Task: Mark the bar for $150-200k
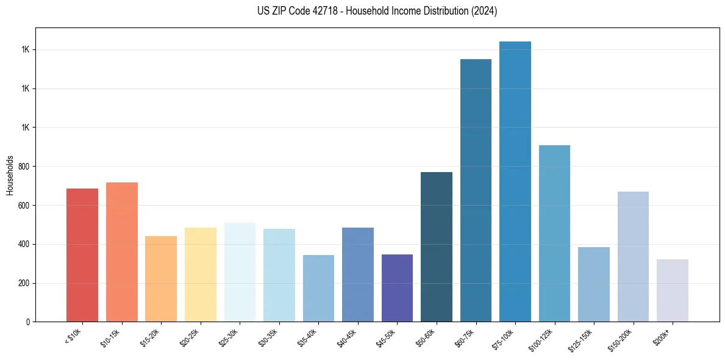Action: click(633, 256)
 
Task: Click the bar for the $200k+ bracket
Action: click(673, 290)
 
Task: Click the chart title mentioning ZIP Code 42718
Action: click(377, 12)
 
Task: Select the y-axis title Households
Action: click(10, 175)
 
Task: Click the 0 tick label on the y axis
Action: click(27, 322)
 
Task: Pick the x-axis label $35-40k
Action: click(309, 337)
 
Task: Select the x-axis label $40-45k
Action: click(348, 337)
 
